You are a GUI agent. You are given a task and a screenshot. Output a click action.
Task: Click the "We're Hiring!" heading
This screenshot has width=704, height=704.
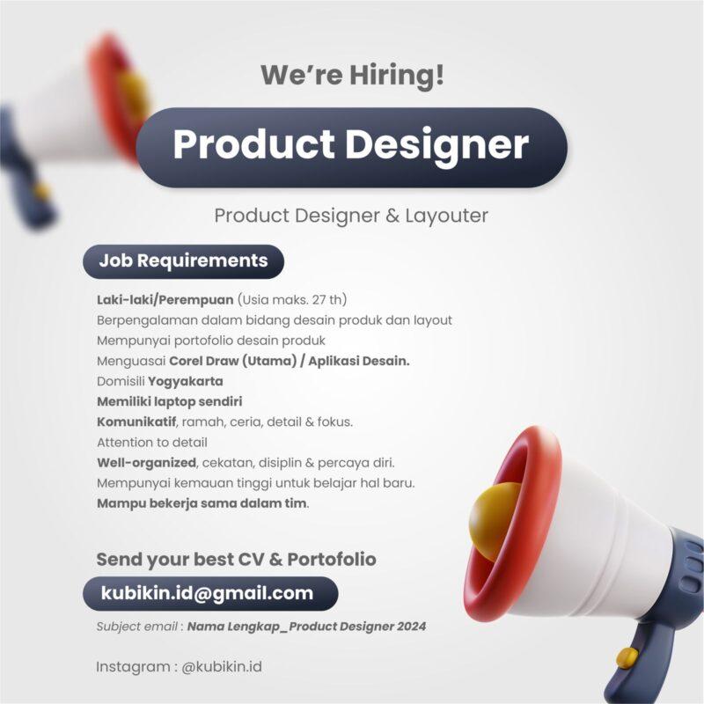point(352,75)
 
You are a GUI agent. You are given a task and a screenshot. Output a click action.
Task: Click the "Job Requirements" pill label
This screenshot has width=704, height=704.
point(183,260)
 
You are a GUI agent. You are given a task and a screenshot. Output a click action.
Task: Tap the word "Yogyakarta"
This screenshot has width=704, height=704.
point(185,381)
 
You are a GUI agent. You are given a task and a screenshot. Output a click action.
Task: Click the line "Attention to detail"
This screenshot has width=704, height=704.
point(151,442)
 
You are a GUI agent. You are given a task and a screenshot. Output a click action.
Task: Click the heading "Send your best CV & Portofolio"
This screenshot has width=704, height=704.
point(236,559)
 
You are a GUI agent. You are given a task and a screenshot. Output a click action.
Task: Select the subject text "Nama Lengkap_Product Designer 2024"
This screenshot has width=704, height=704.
point(306,627)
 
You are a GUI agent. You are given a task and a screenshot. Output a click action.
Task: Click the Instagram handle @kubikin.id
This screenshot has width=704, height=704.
point(222,666)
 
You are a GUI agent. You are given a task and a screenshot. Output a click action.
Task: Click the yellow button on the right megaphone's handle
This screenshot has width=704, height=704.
point(627,656)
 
